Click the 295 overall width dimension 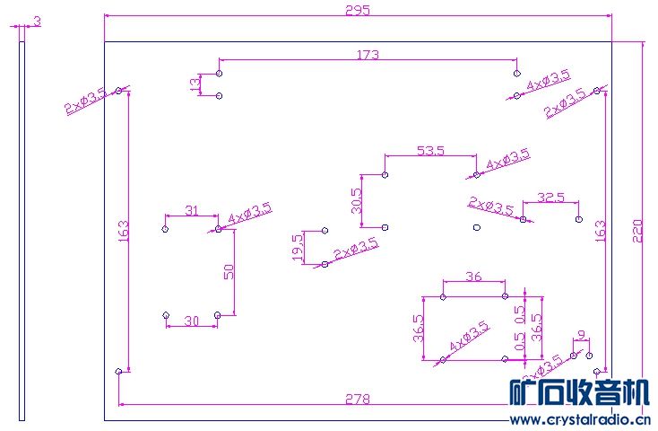[357, 10]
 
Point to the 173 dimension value [368, 55]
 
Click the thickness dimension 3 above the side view [37, 20]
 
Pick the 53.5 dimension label [430, 150]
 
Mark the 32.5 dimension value [550, 198]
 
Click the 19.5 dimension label [298, 247]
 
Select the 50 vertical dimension [229, 271]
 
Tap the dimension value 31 [191, 210]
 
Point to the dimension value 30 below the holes [191, 321]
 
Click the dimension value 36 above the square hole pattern [474, 277]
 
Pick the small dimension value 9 [583, 335]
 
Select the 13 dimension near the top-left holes [195, 84]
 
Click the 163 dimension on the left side [123, 233]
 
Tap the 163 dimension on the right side [600, 231]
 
